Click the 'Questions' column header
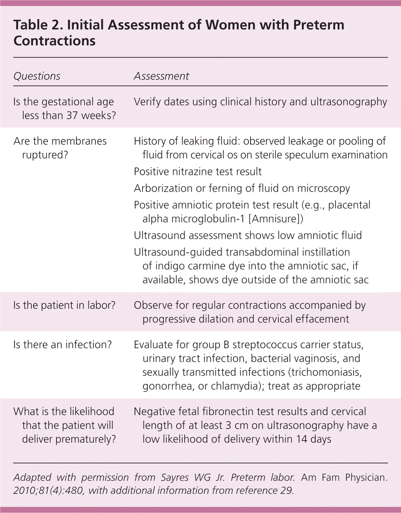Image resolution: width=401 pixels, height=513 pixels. [37, 76]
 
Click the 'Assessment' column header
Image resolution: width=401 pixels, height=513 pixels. [161, 76]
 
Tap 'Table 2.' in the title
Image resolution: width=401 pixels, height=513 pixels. [38, 25]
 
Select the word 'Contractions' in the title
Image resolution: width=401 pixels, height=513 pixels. [54, 41]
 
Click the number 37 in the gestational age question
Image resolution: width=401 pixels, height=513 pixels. [72, 115]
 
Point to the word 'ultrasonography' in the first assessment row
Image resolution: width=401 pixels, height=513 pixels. [348, 102]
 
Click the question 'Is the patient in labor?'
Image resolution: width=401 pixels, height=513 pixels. [64, 305]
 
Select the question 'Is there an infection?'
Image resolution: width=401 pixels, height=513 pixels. [62, 344]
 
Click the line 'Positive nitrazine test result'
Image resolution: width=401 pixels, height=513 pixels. [198, 171]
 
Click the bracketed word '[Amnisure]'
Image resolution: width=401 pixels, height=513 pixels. [276, 219]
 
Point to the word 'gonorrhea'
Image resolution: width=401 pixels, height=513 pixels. [168, 386]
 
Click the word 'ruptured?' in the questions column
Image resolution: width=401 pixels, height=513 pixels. [45, 155]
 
